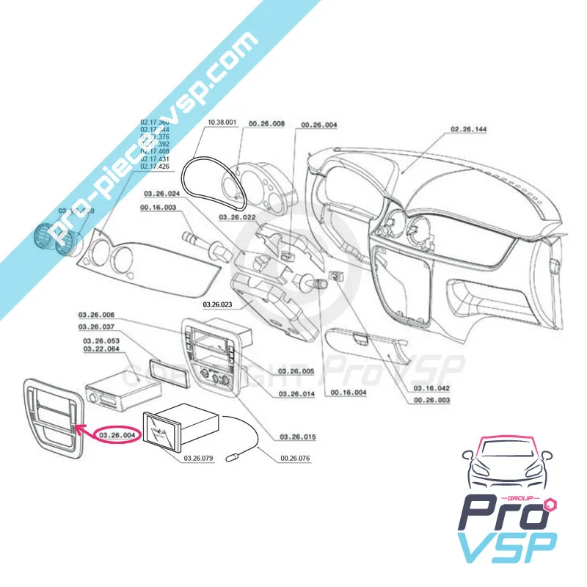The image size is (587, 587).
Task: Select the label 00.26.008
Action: point(266,125)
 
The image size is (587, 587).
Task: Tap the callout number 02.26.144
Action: point(470,129)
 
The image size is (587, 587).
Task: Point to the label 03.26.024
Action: point(161,194)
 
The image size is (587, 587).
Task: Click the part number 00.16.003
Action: point(157,209)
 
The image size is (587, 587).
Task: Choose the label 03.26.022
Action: point(238,218)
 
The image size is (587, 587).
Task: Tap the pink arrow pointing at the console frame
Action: point(85,430)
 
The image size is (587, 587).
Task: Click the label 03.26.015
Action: point(298,437)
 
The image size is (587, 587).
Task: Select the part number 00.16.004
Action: point(349,394)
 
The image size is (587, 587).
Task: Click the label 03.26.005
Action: point(296,372)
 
